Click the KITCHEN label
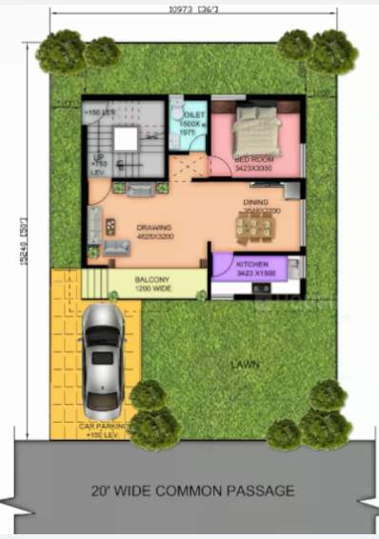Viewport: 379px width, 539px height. pos(251,264)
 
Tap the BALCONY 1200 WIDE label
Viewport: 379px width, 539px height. pos(151,283)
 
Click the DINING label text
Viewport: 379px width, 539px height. pos(255,203)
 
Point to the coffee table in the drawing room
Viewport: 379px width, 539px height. pos(110,226)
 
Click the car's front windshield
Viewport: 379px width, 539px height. pos(101,344)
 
